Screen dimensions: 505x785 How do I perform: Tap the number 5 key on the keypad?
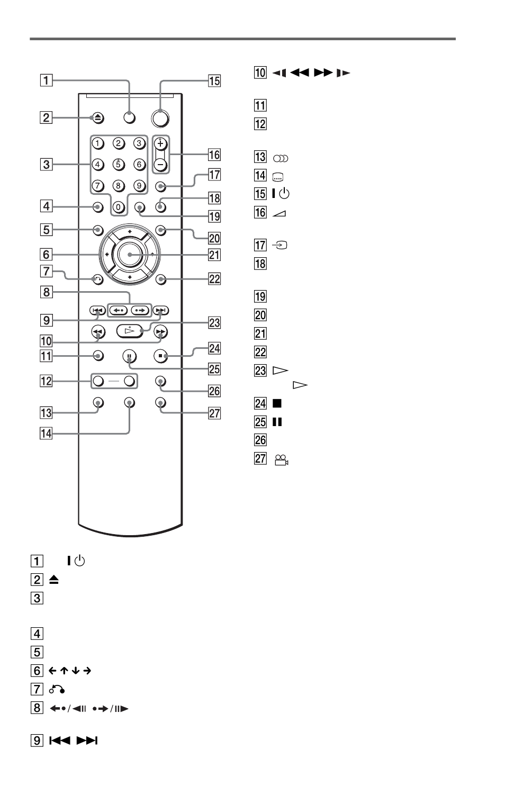click(x=119, y=164)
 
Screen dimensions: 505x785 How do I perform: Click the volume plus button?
click(x=160, y=143)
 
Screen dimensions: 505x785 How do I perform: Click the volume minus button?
click(x=160, y=165)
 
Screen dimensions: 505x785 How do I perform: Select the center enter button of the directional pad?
click(x=130, y=255)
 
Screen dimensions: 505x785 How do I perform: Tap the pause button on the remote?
click(x=129, y=356)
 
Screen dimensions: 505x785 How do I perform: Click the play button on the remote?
click(x=129, y=331)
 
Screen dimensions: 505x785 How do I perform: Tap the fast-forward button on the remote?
click(x=161, y=331)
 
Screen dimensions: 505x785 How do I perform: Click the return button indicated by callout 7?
click(x=98, y=279)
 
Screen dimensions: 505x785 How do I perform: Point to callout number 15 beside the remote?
click(x=214, y=81)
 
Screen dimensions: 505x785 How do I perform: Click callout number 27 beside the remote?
click(x=214, y=413)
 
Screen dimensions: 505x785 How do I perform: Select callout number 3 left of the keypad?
click(x=46, y=165)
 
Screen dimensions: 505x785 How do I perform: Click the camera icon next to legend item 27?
click(x=282, y=459)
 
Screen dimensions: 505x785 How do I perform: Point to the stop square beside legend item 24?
click(x=277, y=403)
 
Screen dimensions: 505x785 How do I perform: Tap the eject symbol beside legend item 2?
click(x=53, y=580)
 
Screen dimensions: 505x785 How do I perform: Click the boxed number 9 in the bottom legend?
click(x=37, y=741)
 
